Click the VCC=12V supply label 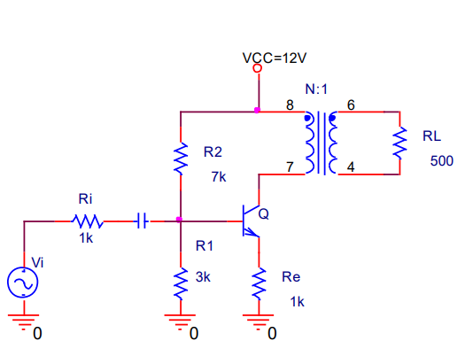(275, 58)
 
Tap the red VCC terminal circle (258, 68)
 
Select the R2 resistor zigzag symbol (181, 159)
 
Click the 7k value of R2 (219, 176)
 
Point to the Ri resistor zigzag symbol (87, 221)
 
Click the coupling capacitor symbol (143, 221)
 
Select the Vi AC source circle (23, 283)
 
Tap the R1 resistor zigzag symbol (181, 283)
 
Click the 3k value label (203, 277)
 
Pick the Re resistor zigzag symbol (259, 283)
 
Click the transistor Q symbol (251, 221)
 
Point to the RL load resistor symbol (399, 143)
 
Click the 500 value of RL (442, 161)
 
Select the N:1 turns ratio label (316, 89)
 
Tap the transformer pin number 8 (290, 105)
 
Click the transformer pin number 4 (351, 167)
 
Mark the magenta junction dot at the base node (179, 220)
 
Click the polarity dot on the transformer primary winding (307, 119)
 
